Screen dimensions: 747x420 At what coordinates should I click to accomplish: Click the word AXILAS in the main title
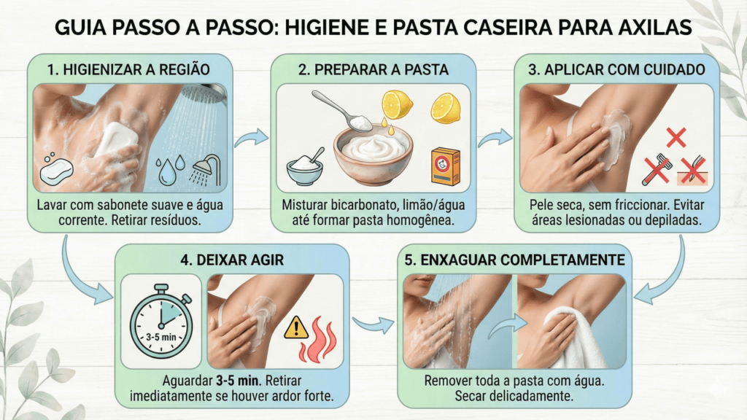point(654,28)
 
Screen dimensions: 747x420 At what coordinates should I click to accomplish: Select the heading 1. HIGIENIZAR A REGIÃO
point(128,69)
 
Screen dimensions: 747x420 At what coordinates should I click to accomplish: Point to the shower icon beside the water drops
point(206,170)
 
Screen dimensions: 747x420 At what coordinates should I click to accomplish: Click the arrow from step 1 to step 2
point(251,139)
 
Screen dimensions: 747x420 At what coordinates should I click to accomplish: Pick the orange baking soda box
point(446,166)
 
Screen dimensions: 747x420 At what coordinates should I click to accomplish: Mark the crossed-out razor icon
point(657,169)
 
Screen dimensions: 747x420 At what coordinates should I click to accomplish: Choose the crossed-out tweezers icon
point(693,170)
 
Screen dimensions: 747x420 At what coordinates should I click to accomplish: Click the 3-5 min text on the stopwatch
point(161,337)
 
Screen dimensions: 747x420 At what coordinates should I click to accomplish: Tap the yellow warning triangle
point(296,327)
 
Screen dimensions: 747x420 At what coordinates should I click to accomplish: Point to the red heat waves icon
point(318,340)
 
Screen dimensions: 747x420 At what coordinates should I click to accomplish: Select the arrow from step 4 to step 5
point(373,325)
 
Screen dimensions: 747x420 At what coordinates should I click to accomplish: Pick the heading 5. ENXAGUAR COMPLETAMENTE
point(514,260)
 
